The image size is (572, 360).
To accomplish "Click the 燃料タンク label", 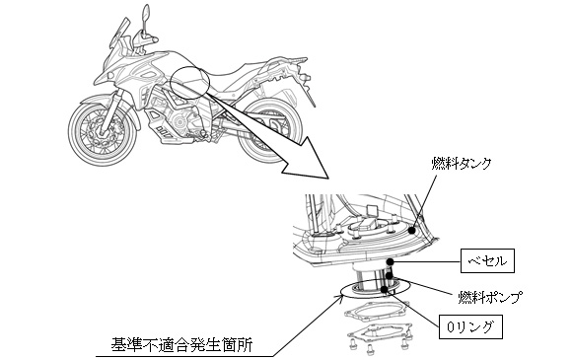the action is click(x=462, y=164).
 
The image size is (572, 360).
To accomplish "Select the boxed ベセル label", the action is click(x=487, y=260).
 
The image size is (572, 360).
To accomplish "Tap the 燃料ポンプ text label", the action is click(x=490, y=296).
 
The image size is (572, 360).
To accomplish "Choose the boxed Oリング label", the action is click(x=470, y=326).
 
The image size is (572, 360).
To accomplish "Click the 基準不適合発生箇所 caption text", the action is click(x=181, y=344).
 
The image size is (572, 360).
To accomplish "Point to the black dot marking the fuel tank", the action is click(x=412, y=231).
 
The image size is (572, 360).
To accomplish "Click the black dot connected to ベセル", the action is click(x=391, y=261).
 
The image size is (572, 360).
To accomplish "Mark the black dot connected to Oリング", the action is click(x=384, y=290).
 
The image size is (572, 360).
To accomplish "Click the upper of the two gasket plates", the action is click(x=375, y=314).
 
